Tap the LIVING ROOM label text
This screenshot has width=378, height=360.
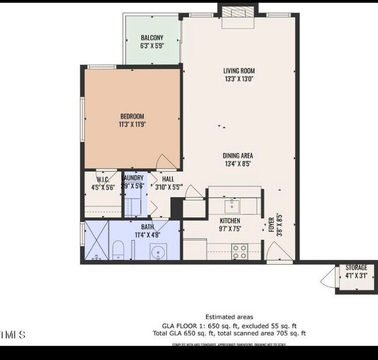coord(239,72)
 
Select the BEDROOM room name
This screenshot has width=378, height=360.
coord(132,116)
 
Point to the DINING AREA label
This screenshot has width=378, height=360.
coord(238,156)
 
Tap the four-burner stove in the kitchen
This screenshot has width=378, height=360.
coord(239,251)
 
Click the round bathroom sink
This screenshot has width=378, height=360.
coord(157,252)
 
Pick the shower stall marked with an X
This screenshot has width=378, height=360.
coord(97,241)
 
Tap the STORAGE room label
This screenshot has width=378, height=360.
coord(356,268)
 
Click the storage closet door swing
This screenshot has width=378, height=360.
coord(329,278)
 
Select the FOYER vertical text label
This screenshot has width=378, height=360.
coord(271,225)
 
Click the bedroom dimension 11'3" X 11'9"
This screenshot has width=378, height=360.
coord(132,124)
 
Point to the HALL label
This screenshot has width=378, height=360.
coord(168,179)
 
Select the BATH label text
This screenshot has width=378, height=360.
coord(147,227)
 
